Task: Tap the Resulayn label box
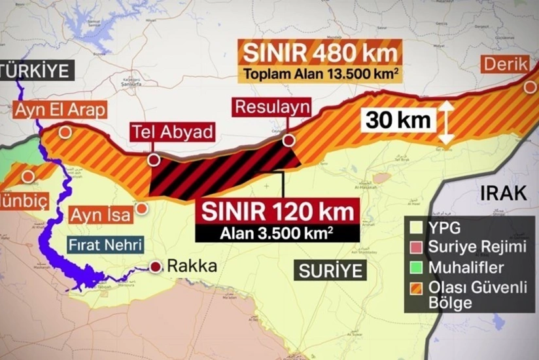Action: [x=271, y=107]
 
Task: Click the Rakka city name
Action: [x=192, y=266]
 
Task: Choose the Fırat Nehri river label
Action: [x=105, y=245]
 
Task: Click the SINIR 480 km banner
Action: [x=320, y=52]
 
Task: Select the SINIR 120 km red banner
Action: [x=277, y=211]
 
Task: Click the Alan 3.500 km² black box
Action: [x=277, y=232]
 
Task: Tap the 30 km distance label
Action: [x=398, y=119]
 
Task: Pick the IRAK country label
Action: [x=503, y=193]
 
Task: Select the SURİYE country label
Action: [x=330, y=270]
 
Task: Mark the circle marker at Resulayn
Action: [x=288, y=139]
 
